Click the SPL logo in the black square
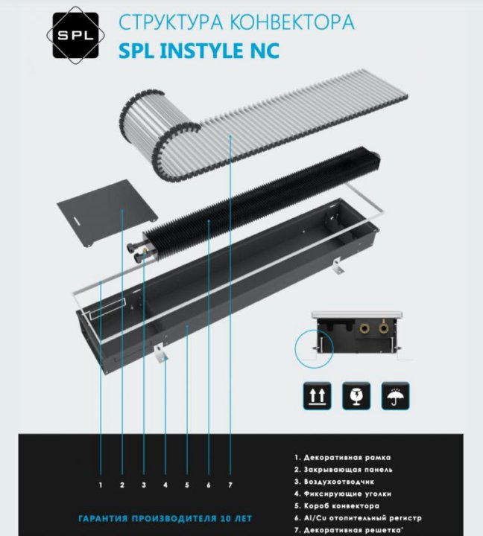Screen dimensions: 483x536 click(x=75, y=35)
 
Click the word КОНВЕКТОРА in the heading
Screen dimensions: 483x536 click(x=292, y=22)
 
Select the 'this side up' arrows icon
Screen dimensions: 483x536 click(x=317, y=395)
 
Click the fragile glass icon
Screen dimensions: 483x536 click(x=356, y=395)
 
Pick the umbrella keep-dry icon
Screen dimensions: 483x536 click(x=395, y=395)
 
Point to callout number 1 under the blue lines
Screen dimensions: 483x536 click(x=101, y=485)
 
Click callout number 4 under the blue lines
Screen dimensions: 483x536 click(x=165, y=485)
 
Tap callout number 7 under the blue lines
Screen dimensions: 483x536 click(x=230, y=485)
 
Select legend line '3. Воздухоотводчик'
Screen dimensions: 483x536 click(x=334, y=482)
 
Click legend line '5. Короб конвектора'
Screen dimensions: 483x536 click(x=337, y=505)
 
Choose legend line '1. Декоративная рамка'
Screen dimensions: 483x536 click(x=342, y=457)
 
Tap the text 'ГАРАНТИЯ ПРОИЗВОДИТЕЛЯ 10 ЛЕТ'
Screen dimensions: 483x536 click(x=165, y=519)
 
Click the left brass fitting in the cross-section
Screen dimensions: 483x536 click(x=364, y=328)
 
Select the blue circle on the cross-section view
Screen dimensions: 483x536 click(x=314, y=348)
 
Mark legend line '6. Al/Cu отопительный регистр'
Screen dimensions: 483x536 click(x=358, y=518)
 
